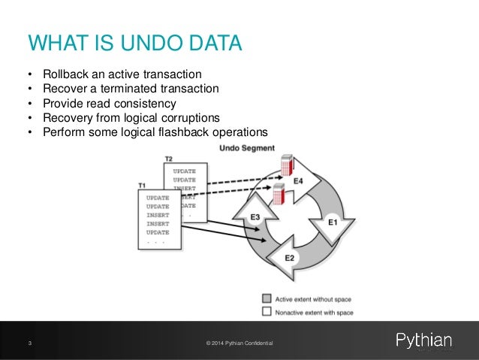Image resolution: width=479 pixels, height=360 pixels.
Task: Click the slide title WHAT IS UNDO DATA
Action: (x=135, y=43)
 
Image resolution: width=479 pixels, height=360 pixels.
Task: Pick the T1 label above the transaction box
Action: (x=143, y=185)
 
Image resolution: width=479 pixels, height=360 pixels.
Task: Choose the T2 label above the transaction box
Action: (x=169, y=159)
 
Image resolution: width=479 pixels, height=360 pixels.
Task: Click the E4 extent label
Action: (x=298, y=180)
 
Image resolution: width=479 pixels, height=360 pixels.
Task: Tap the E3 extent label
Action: (x=255, y=216)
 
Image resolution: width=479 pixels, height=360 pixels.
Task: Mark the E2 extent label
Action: (x=290, y=259)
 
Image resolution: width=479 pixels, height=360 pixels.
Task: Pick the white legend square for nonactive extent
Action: (x=267, y=311)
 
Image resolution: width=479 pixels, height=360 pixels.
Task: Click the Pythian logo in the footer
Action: (x=424, y=341)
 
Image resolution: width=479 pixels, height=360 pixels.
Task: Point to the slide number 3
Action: (x=29, y=343)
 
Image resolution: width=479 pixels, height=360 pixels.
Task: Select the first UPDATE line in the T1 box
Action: (x=158, y=198)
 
